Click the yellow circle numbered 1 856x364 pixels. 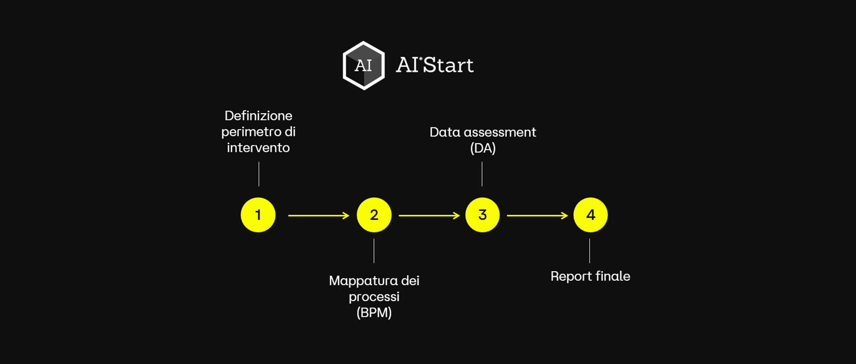click(x=258, y=215)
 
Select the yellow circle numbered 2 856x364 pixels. click(x=374, y=215)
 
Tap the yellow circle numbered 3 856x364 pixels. click(x=482, y=215)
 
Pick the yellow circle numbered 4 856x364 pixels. click(x=590, y=215)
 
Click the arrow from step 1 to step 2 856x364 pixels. click(x=318, y=215)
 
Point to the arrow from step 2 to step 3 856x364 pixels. click(x=429, y=215)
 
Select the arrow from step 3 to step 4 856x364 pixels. click(x=537, y=215)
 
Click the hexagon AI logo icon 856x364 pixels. click(x=363, y=66)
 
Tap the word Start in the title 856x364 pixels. click(x=448, y=65)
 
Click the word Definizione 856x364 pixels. click(x=259, y=116)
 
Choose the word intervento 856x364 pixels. click(x=258, y=148)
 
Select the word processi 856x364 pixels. click(x=374, y=297)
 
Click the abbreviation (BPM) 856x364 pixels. click(x=374, y=313)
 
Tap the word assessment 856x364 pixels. click(x=500, y=132)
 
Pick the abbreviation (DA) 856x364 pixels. click(x=483, y=148)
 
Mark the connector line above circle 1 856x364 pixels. click(x=259, y=174)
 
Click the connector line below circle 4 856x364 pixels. click(x=589, y=251)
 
